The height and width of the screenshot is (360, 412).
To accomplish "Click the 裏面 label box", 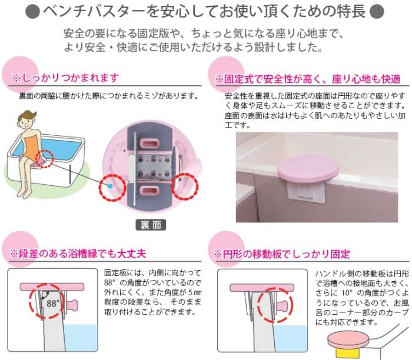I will point(151,225).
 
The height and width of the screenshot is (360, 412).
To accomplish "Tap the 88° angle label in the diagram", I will point(53,304).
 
